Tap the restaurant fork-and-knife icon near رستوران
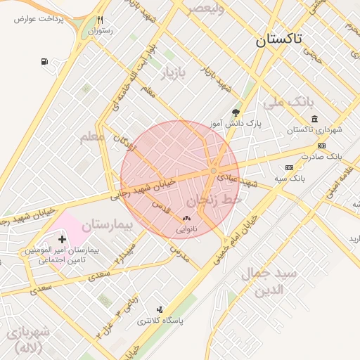tap(101, 20)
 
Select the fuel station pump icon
tap(46, 62)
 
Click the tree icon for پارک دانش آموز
tap(236, 112)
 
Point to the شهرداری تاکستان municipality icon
tap(313, 118)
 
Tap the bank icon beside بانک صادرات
tap(322, 146)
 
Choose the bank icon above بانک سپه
tap(289, 167)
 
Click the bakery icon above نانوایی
tap(186, 219)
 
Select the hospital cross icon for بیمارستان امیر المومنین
tap(63, 240)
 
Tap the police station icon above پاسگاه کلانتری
tap(160, 309)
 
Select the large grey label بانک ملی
tap(286, 103)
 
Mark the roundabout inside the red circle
tap(213, 171)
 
